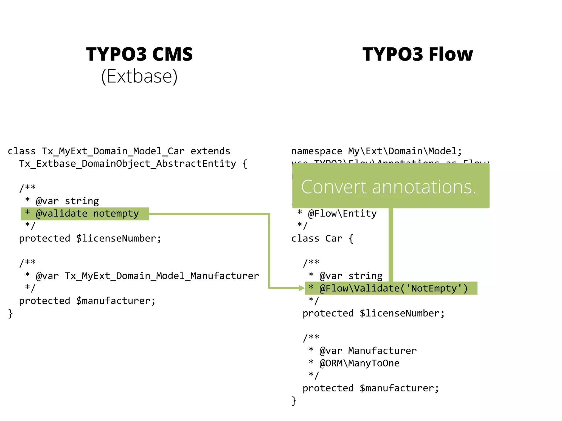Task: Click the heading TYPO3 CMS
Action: point(139,54)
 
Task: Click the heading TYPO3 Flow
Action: point(418,54)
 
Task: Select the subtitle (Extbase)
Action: point(139,76)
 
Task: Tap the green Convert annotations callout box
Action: point(390,186)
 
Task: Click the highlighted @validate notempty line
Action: point(85,214)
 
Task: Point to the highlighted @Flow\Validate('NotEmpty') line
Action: point(391,288)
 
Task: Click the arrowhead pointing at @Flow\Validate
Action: point(301,288)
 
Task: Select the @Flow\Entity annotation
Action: point(342,214)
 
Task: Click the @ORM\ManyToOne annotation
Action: point(359,363)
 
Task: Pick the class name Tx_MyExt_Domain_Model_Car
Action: point(113,151)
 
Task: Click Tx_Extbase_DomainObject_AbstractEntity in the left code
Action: point(128,164)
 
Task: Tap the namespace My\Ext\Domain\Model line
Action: point(376,151)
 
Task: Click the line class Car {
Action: point(322,238)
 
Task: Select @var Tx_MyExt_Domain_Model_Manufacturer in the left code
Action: point(147,276)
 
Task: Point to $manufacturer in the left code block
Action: point(116,301)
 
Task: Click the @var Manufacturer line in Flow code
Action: point(368,351)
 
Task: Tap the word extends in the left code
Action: point(210,151)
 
